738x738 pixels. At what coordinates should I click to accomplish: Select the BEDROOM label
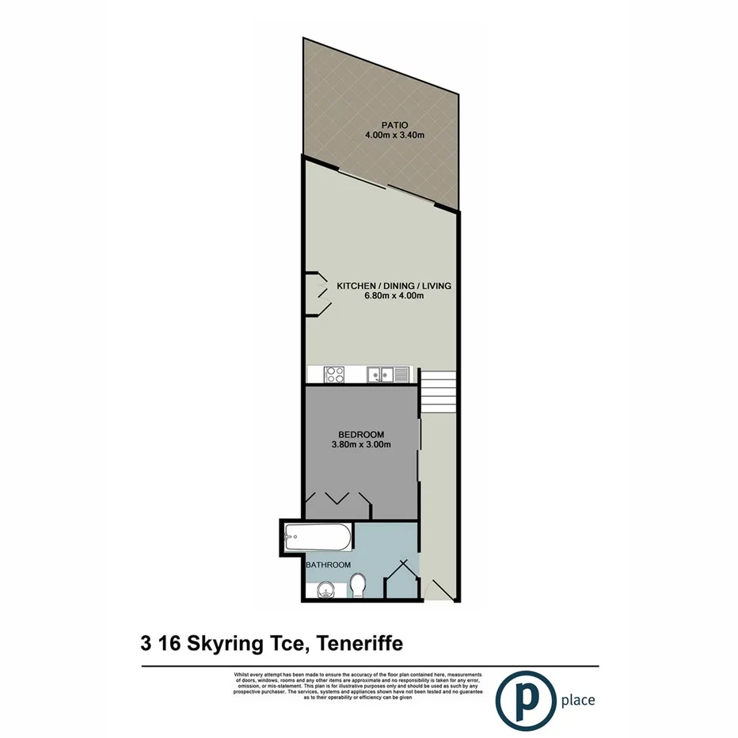click(361, 434)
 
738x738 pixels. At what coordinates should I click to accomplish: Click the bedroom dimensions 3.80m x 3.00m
click(361, 445)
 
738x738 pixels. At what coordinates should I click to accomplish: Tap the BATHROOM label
click(329, 565)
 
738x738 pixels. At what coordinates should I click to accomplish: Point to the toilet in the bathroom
click(358, 587)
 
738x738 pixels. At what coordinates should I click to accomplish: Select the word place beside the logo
click(577, 700)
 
